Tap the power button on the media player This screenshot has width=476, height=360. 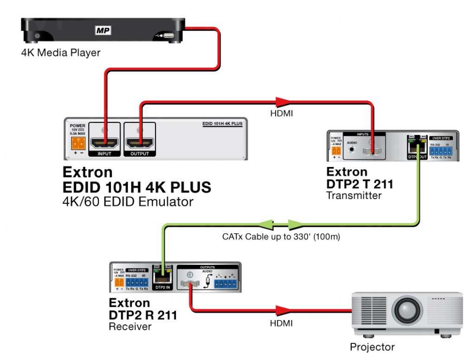point(38,36)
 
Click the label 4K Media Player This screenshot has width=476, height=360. point(60,53)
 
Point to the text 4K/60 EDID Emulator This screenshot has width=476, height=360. point(128,202)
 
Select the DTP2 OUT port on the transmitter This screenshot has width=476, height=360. point(417,148)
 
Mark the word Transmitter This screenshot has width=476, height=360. point(354,195)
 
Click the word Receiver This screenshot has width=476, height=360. point(130,327)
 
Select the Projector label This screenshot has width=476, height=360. point(372,347)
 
